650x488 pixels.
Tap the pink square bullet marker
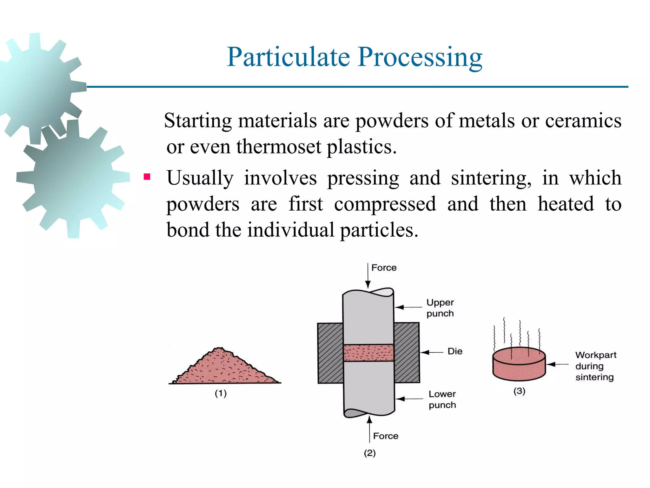pos(147,177)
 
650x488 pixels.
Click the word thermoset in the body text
pos(279,147)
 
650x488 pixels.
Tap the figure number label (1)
pos(221,394)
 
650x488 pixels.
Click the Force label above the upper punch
pos(384,268)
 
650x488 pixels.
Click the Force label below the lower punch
pos(385,436)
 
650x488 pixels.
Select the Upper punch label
pos(440,308)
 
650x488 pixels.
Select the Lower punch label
pos(442,399)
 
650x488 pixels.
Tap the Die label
pos(455,351)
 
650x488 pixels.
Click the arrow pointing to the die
pos(431,352)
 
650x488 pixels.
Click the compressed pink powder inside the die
pos(368,353)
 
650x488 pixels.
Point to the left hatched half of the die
pos(330,353)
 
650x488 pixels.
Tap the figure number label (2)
pos(369,453)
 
